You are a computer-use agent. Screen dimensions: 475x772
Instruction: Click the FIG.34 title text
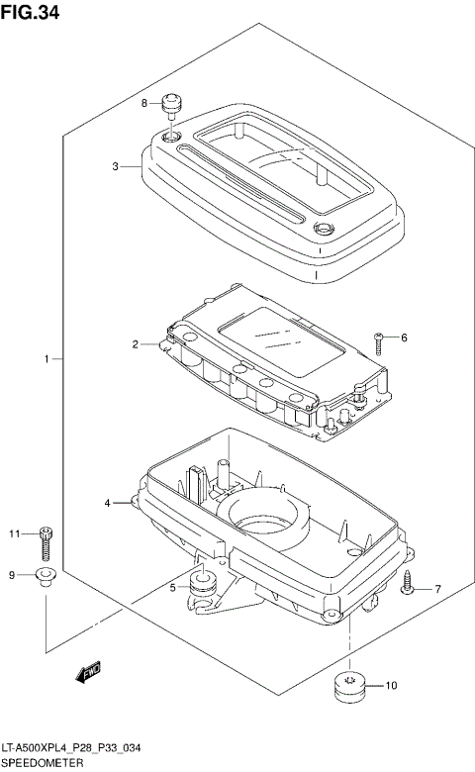[30, 12]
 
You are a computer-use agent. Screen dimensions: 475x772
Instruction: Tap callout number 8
[144, 103]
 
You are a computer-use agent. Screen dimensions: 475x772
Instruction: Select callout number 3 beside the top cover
[115, 166]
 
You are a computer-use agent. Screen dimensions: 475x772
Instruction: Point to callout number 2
[135, 344]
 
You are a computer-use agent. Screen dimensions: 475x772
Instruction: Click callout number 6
[404, 338]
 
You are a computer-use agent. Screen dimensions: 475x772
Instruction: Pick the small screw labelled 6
[378, 343]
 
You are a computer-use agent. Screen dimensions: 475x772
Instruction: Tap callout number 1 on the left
[47, 359]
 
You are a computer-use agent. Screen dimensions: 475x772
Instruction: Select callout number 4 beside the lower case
[107, 503]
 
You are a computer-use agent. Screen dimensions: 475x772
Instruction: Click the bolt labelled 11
[47, 543]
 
